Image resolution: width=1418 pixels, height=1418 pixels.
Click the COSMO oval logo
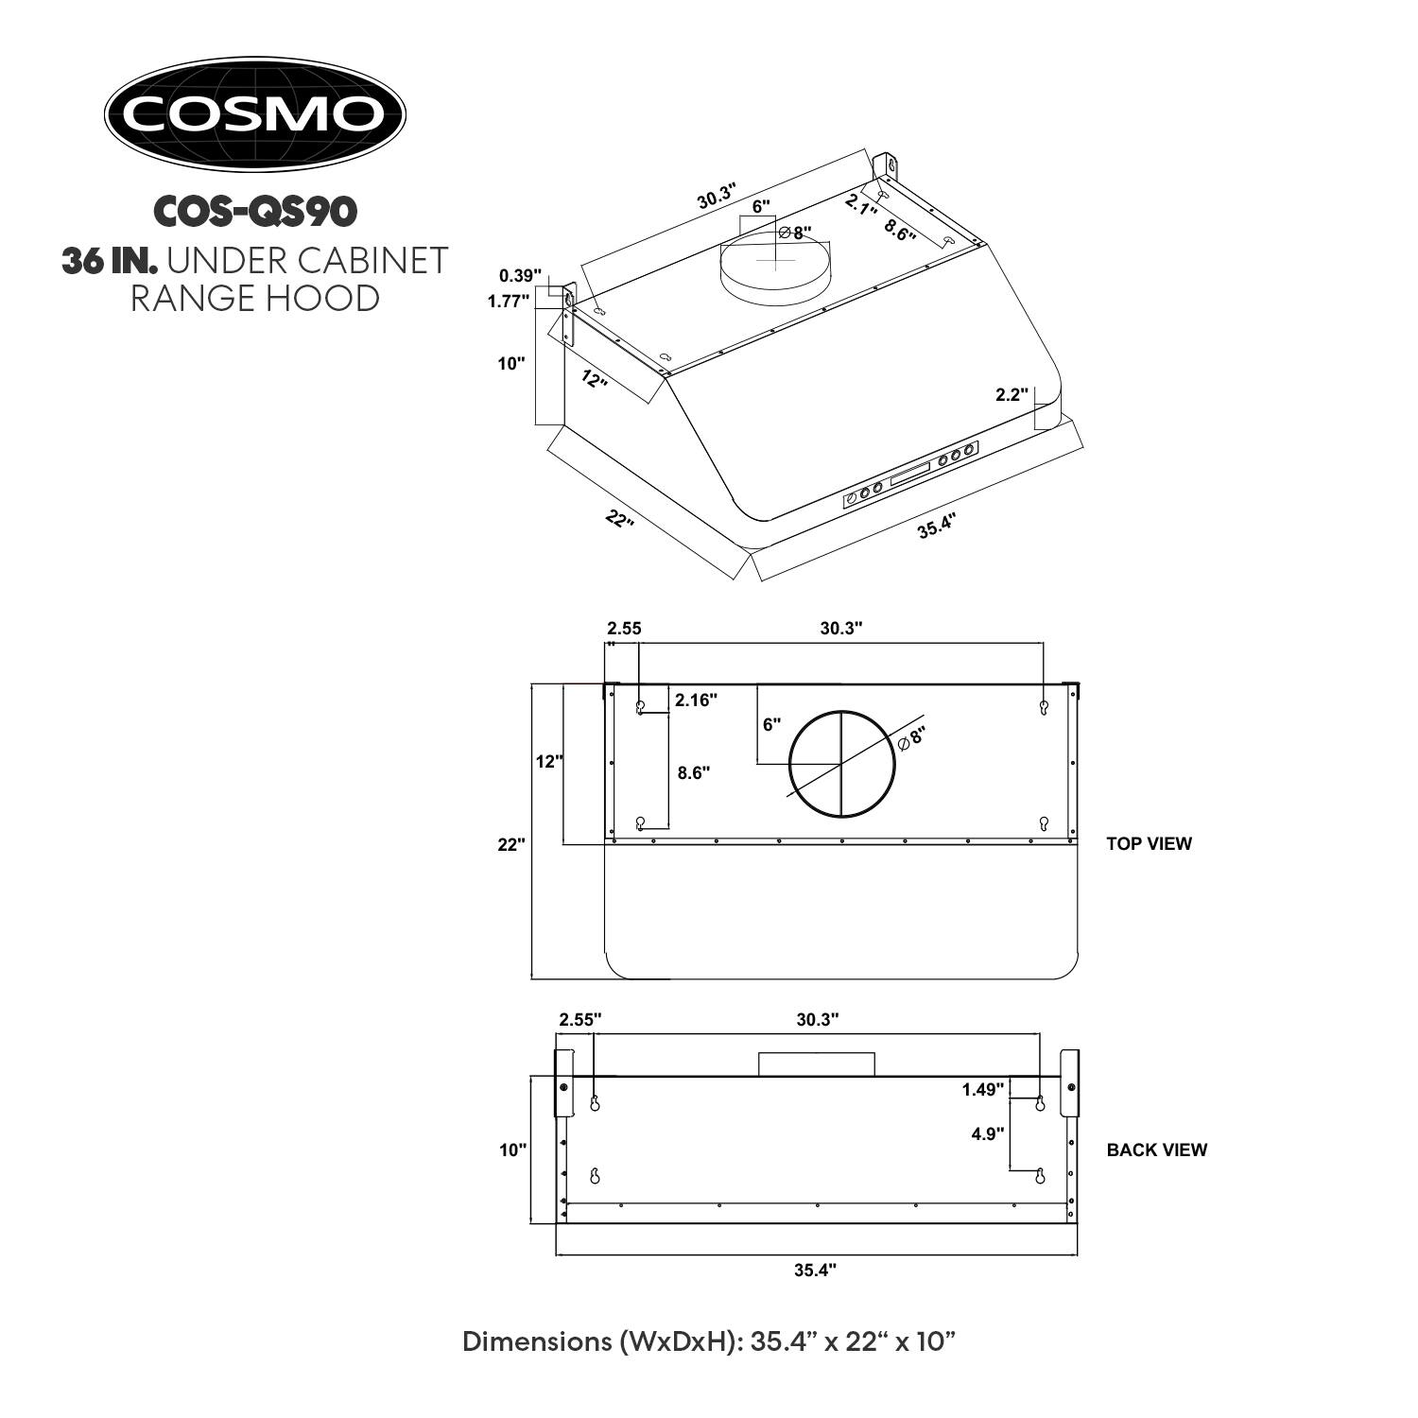254,114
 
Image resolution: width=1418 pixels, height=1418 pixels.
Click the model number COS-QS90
254,212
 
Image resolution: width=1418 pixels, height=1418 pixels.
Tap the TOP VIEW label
1149,843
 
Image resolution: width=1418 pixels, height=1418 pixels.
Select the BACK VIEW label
1156,1150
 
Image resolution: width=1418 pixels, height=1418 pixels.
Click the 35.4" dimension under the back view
815,1271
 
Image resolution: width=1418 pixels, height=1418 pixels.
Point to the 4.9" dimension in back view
987,1133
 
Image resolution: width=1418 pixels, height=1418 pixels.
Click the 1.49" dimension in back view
982,1089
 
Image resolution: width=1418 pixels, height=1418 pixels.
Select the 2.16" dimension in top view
696,700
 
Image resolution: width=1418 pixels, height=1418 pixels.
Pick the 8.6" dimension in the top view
694,772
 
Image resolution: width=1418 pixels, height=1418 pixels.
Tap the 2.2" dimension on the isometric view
1012,395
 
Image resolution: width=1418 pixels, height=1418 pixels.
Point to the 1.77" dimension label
509,302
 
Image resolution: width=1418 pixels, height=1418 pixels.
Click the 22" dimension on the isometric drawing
619,519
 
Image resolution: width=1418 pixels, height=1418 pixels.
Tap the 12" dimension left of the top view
549,761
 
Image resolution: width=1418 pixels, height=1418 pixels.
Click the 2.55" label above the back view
579,1019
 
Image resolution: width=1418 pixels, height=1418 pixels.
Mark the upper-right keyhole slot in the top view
1044,707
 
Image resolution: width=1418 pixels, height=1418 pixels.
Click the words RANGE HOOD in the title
254,298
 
